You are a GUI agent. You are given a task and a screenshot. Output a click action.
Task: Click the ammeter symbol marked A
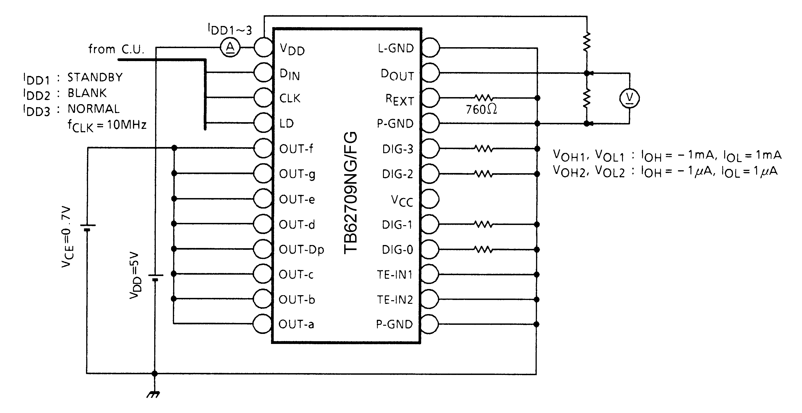pos(230,47)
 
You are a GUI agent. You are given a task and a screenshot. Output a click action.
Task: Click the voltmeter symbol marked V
pos(629,98)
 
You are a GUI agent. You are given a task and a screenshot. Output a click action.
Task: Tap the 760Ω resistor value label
pos(481,109)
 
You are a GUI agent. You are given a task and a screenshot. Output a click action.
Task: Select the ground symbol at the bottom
pos(153,394)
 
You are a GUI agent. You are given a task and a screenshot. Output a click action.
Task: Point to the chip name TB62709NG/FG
pos(351,193)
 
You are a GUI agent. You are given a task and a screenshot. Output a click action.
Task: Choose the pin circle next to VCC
pos(430,199)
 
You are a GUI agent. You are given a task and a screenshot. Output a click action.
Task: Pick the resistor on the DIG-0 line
pos(484,249)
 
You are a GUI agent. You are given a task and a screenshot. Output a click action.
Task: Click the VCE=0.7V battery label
pos(68,237)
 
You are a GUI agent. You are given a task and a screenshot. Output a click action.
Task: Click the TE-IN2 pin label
pos(395,299)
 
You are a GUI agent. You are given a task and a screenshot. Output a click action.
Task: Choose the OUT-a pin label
pos(296,324)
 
